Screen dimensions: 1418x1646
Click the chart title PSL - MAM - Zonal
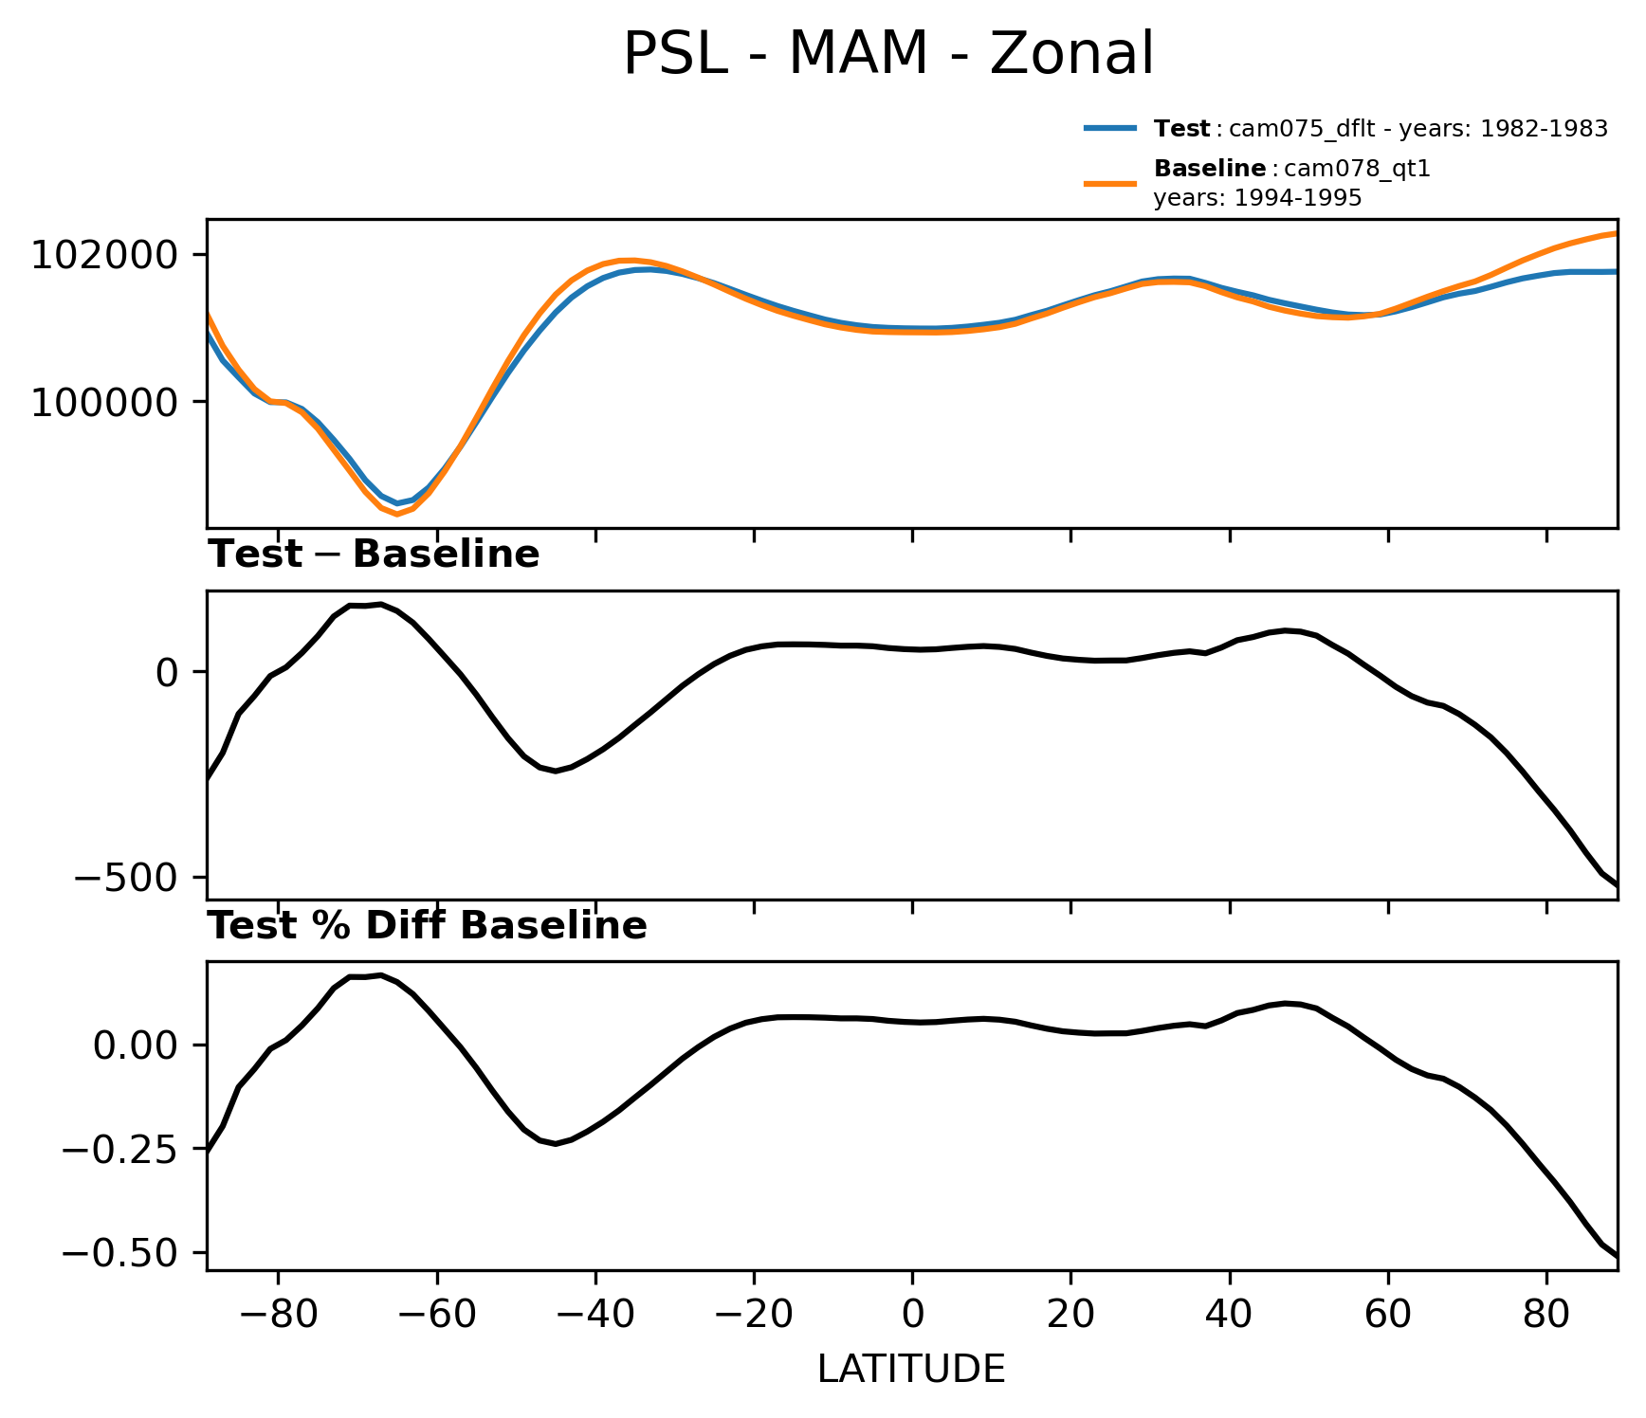(x=888, y=54)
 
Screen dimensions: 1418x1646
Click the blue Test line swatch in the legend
(x=1110, y=129)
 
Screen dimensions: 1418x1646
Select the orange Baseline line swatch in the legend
(x=1110, y=182)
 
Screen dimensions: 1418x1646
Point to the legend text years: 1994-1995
(x=1257, y=198)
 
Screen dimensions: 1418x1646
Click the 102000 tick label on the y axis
(x=104, y=255)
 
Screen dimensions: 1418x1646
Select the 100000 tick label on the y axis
(x=104, y=403)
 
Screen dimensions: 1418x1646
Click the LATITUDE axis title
(x=911, y=1369)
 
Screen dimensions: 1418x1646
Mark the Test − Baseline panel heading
(x=374, y=554)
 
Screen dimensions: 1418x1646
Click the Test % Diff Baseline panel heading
(x=428, y=926)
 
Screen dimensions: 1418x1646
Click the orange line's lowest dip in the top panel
(x=397, y=515)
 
